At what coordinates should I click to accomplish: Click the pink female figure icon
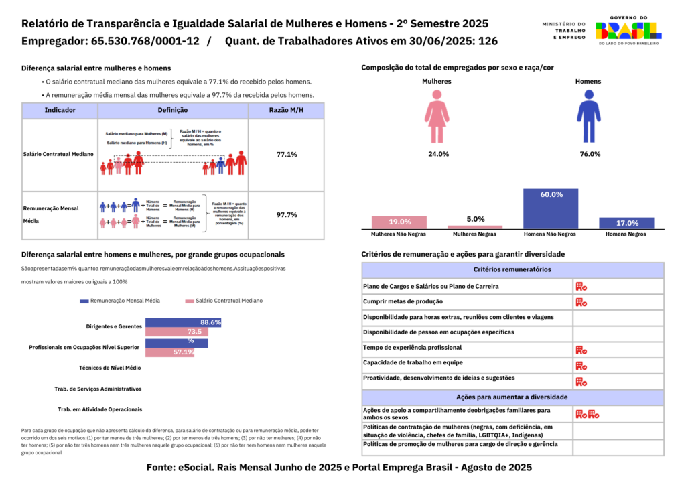(437, 118)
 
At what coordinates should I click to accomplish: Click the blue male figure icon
(588, 118)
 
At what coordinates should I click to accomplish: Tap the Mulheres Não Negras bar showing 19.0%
(399, 222)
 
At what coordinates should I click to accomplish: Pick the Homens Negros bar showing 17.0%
(626, 223)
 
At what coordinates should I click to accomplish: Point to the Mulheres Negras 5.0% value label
(475, 219)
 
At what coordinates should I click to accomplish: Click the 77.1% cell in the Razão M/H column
(286, 155)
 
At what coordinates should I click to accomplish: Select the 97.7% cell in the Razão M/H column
(286, 215)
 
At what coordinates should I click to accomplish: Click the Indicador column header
(60, 110)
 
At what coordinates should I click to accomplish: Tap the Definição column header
(172, 110)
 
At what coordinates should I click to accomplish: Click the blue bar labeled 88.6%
(183, 322)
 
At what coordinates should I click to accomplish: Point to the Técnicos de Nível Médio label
(110, 368)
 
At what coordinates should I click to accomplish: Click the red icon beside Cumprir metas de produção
(581, 302)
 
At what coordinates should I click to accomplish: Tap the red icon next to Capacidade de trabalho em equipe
(581, 366)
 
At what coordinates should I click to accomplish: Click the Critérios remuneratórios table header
(512, 269)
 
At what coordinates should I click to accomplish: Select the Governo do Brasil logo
(628, 30)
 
